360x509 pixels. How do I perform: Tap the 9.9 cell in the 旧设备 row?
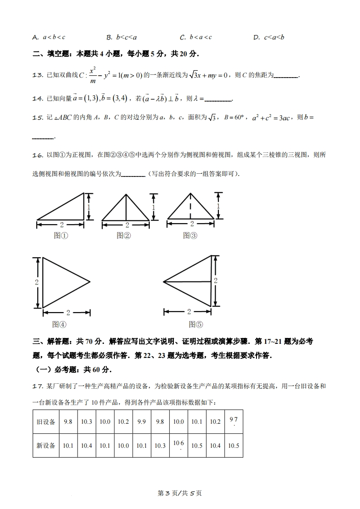point(142,421)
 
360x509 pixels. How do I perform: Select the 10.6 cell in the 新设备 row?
point(178,445)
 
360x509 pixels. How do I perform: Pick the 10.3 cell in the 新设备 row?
point(160,445)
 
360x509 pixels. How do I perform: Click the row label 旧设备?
point(46,421)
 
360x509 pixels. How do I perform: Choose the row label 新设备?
point(46,445)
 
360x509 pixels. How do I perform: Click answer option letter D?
point(256,37)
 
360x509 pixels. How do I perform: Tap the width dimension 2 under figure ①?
point(61,225)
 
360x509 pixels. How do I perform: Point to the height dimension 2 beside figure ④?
point(36,282)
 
